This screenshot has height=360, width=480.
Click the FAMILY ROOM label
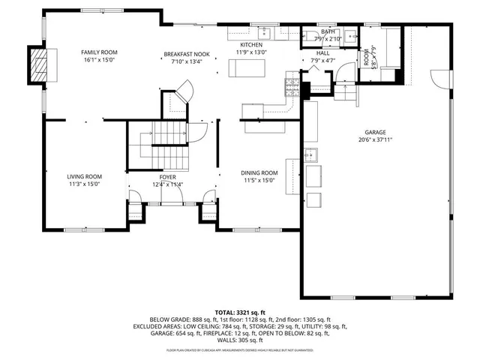pyautogui.click(x=100, y=52)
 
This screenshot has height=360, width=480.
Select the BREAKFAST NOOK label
pyautogui.click(x=187, y=55)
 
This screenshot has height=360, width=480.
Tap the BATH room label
pyautogui.click(x=328, y=32)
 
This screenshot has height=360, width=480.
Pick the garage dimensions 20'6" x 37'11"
pyautogui.click(x=376, y=139)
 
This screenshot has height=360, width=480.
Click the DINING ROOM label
pyautogui.click(x=259, y=172)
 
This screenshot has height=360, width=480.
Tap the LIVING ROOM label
pyautogui.click(x=84, y=176)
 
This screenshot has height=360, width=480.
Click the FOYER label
pyautogui.click(x=167, y=177)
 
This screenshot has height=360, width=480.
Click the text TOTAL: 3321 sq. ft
pyautogui.click(x=241, y=313)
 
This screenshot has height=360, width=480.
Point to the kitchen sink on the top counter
pyautogui.click(x=265, y=33)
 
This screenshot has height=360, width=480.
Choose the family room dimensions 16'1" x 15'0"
pyautogui.click(x=100, y=60)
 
